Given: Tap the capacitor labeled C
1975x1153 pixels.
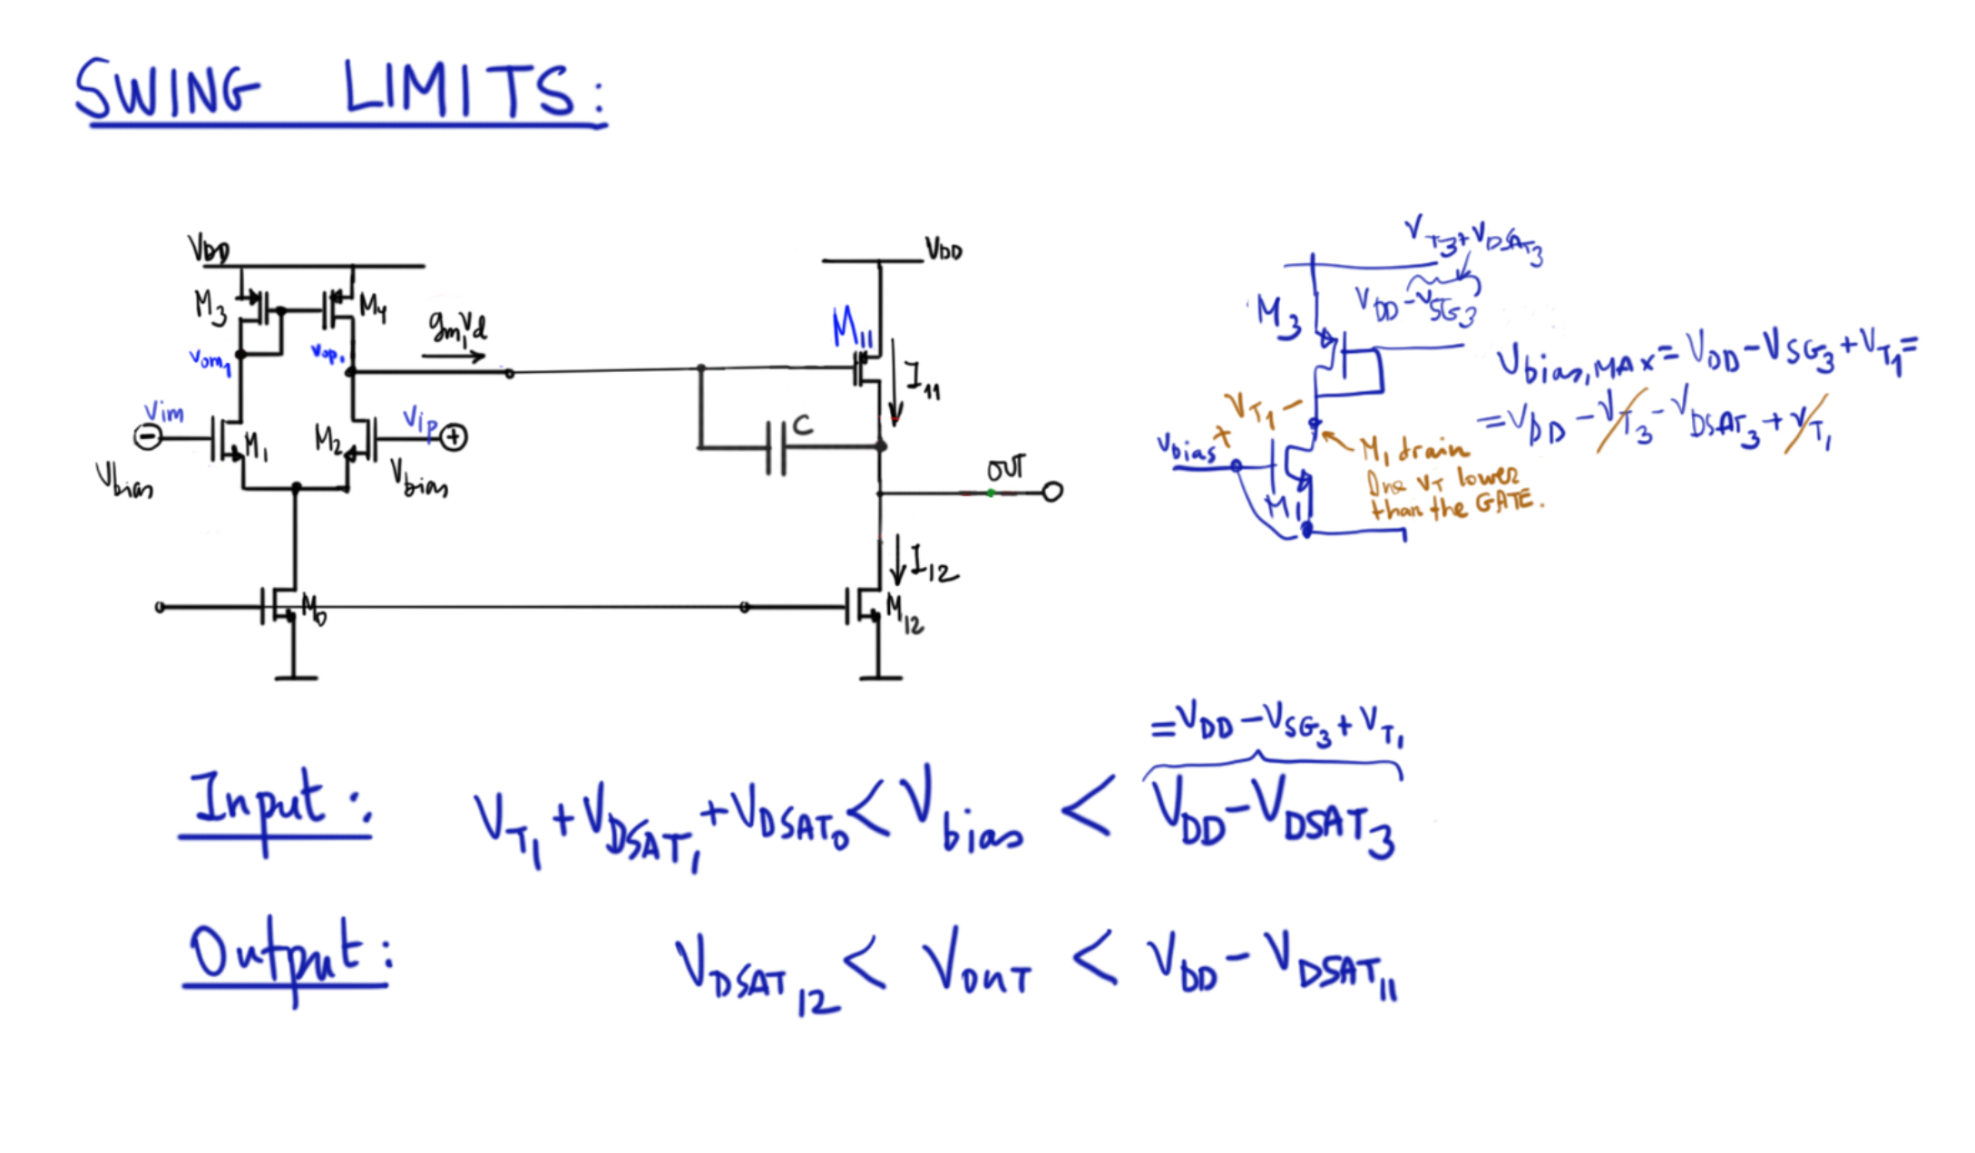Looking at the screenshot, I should tap(777, 446).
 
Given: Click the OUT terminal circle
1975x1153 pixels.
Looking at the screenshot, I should tap(1052, 493).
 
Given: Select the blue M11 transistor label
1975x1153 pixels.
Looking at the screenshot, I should tap(851, 327).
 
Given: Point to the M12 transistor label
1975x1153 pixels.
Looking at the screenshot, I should tap(904, 615).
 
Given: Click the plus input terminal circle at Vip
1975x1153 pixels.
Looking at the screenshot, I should tap(454, 438).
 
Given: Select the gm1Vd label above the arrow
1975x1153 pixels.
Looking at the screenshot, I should tap(457, 327).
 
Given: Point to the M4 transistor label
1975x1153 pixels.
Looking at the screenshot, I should tap(372, 308).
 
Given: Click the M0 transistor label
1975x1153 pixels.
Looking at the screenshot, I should tap(313, 610).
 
